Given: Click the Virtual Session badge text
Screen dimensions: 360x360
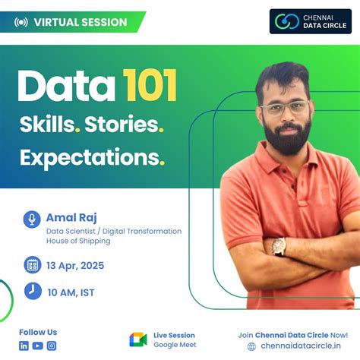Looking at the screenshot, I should (80, 22).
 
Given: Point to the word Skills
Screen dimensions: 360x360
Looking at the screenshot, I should (48, 123).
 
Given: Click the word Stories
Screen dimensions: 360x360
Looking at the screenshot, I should (122, 123).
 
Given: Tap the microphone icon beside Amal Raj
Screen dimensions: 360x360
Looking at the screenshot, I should (33, 219).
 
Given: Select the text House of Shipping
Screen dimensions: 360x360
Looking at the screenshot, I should (78, 241).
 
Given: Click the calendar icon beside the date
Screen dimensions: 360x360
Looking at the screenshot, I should (33, 265).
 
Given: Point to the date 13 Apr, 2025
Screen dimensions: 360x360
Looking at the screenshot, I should (76, 266).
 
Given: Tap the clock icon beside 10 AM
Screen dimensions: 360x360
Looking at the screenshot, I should (33, 291).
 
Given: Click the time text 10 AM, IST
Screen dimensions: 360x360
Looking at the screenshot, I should (71, 292).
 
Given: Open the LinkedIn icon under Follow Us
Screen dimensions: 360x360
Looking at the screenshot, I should (24, 346).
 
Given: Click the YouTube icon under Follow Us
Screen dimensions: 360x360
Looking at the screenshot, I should (38, 346).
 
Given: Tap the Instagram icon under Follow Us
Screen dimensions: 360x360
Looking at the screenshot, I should (52, 346).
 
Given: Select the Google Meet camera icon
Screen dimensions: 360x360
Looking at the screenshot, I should (137, 339).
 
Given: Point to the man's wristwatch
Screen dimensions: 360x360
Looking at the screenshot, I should (279, 245).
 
